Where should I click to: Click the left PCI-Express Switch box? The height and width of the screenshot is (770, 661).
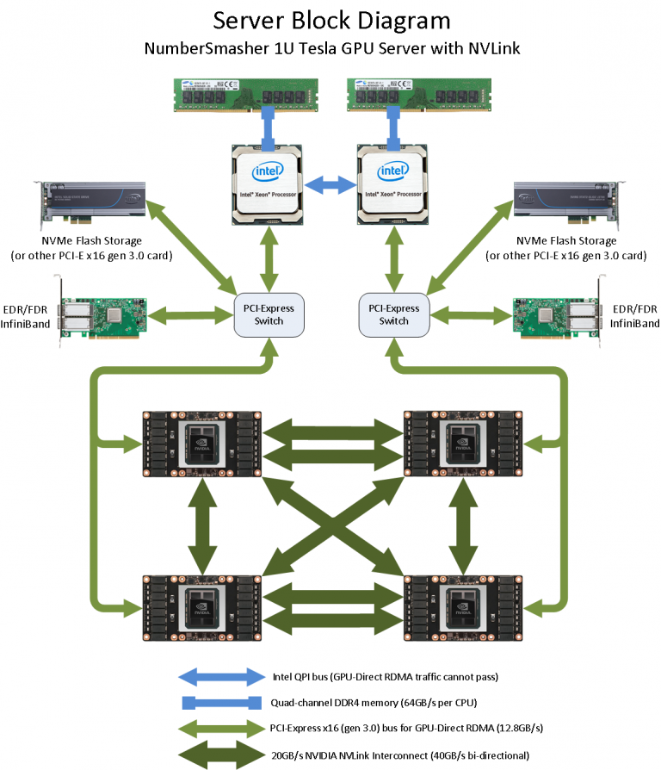[271, 315]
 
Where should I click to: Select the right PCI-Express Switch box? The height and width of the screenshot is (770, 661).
[394, 315]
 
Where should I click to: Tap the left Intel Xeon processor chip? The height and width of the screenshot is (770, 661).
[269, 183]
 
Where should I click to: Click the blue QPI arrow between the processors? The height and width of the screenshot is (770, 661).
[332, 183]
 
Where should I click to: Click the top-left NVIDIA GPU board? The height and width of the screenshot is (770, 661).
[201, 443]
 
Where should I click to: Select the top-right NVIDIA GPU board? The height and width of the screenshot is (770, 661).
[463, 443]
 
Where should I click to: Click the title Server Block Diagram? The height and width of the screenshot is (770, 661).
[331, 21]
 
